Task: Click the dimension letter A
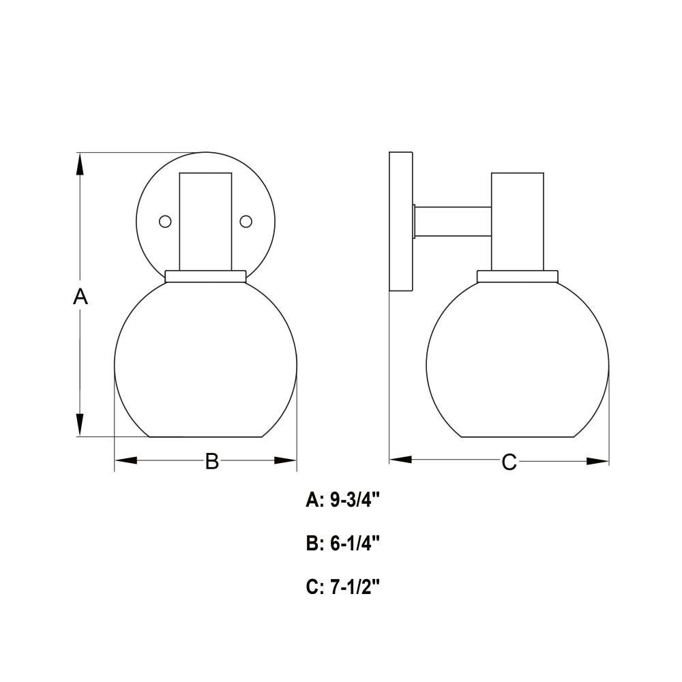tap(80, 297)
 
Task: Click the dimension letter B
tap(212, 461)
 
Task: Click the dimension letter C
tap(509, 462)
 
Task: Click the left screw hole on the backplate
tap(165, 222)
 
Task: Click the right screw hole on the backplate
tap(246, 222)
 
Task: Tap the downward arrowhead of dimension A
tap(80, 424)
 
